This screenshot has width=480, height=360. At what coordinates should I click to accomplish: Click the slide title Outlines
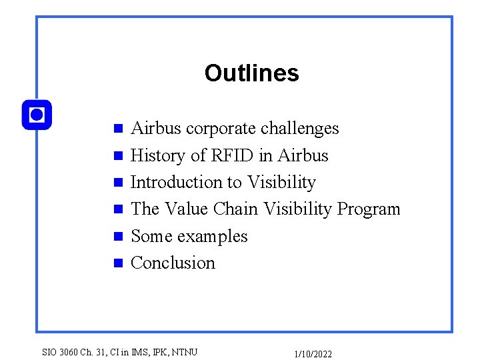251,73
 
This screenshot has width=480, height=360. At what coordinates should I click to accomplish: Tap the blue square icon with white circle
37,115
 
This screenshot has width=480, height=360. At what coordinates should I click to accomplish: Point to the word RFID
233,155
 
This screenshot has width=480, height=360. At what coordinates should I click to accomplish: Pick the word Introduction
174,182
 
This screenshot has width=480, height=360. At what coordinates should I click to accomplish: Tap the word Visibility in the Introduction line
281,182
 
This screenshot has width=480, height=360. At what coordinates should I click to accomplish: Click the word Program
368,209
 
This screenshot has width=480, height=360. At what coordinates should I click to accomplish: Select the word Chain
236,209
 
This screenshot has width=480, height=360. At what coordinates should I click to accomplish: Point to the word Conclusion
173,263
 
